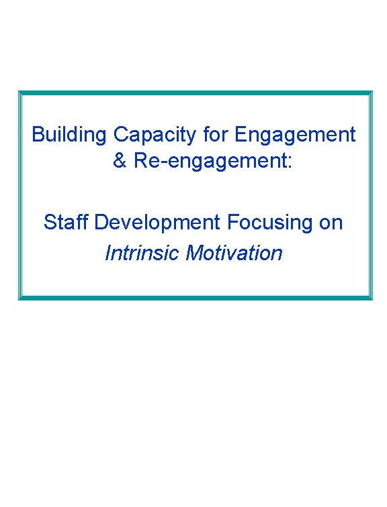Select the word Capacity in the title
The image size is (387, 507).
point(154,135)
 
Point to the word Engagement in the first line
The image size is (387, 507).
point(295,135)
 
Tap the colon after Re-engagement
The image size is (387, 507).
point(290,164)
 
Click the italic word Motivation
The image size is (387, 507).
point(234,253)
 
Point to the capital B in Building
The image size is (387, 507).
point(38,135)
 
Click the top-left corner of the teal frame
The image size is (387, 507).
point(20,93)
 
